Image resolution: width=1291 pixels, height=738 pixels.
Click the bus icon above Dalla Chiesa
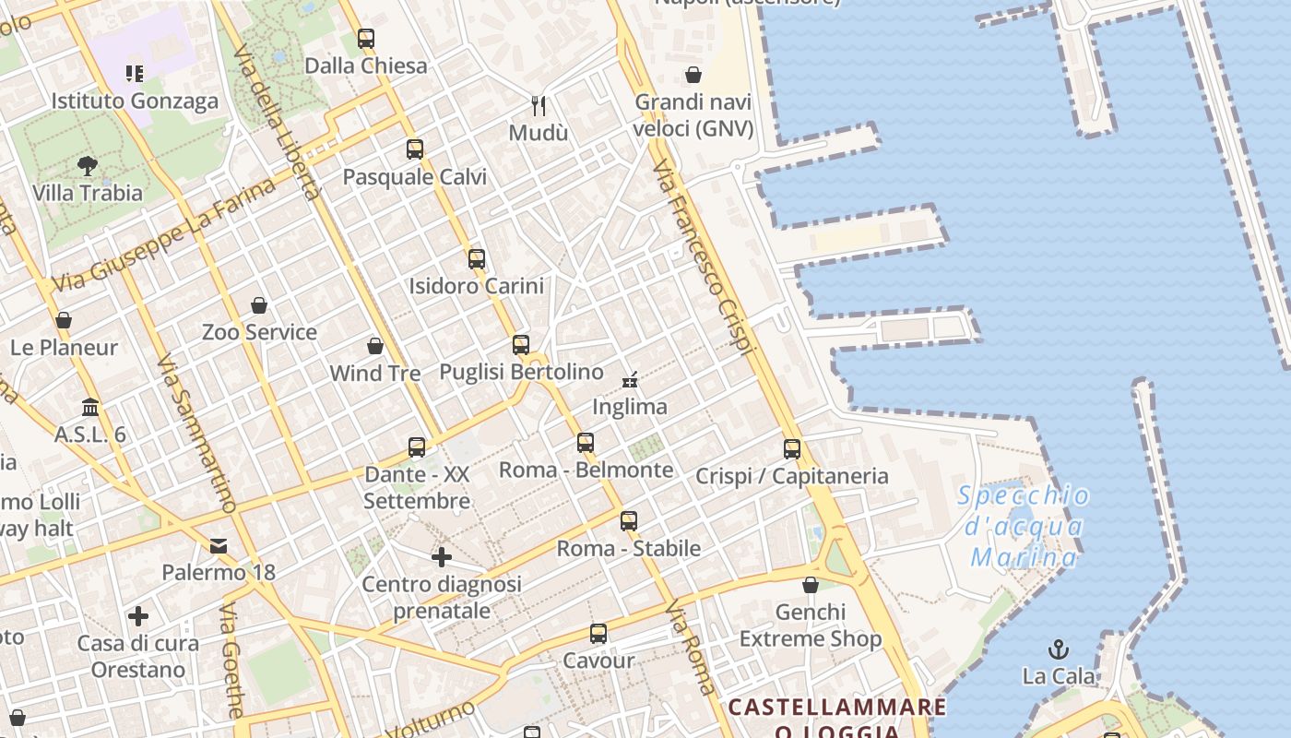366,39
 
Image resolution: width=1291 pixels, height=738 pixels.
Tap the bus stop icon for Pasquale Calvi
415,149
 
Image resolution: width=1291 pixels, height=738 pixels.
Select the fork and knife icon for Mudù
539,106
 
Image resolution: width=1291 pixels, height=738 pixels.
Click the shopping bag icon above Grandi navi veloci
693,75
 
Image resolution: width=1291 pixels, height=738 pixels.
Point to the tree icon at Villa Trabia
88,166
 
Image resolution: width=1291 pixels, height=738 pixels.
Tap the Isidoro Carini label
476,286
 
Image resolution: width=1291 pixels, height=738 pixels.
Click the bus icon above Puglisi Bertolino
521,345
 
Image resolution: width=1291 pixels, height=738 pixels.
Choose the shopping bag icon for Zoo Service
259,305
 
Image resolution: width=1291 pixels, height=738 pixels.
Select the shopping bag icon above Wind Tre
375,346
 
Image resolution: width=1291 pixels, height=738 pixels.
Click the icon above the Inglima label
631,379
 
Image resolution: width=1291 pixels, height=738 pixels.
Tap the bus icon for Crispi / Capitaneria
792,449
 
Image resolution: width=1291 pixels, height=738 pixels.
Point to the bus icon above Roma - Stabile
629,521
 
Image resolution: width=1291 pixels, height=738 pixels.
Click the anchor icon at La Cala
1059,649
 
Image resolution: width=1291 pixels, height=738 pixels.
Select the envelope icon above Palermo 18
219,545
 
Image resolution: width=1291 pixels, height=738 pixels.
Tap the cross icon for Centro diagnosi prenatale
442,557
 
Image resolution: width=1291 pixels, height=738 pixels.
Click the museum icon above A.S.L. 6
90,407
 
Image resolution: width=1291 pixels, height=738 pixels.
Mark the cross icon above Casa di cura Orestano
138,616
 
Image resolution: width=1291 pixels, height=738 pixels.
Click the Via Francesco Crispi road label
703,258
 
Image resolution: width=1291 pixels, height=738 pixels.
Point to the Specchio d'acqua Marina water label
1024,527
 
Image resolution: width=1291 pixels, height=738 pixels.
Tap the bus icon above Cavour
598,634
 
